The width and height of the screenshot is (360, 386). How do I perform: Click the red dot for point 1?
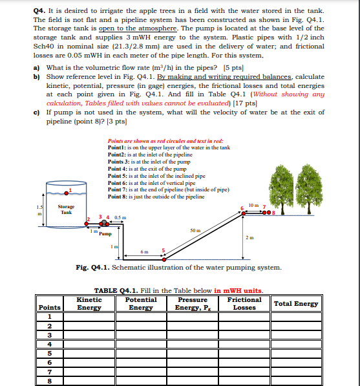[x=66, y=193]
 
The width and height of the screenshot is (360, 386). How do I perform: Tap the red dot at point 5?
[x=164, y=259]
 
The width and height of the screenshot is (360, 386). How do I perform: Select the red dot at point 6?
[x=244, y=213]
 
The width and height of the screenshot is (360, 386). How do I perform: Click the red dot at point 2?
[x=87, y=224]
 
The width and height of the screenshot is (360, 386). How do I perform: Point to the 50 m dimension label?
[x=195, y=230]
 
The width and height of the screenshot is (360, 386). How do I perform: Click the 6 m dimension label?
[x=144, y=252]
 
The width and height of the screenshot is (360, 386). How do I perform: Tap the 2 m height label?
[x=249, y=237]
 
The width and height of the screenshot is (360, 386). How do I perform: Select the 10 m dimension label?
[x=254, y=205]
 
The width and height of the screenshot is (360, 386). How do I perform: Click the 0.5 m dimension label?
[x=120, y=218]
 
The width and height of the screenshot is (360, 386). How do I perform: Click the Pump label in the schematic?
[x=105, y=233]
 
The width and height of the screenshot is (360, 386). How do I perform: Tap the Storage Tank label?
[x=66, y=209]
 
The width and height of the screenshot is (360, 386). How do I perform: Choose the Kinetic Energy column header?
[x=89, y=303]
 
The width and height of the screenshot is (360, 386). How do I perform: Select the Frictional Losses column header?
[x=244, y=303]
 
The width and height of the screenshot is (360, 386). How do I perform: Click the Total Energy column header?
[x=296, y=304]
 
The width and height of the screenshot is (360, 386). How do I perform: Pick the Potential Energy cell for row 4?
[x=141, y=344]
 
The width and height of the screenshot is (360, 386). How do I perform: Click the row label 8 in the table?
[x=50, y=381]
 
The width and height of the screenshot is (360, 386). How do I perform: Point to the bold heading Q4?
[x=39, y=11]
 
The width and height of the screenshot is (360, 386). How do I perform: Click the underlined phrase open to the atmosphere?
[x=138, y=28]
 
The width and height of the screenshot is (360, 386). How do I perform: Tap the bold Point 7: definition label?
[x=118, y=189]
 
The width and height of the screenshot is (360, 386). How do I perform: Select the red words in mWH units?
[x=238, y=291]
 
